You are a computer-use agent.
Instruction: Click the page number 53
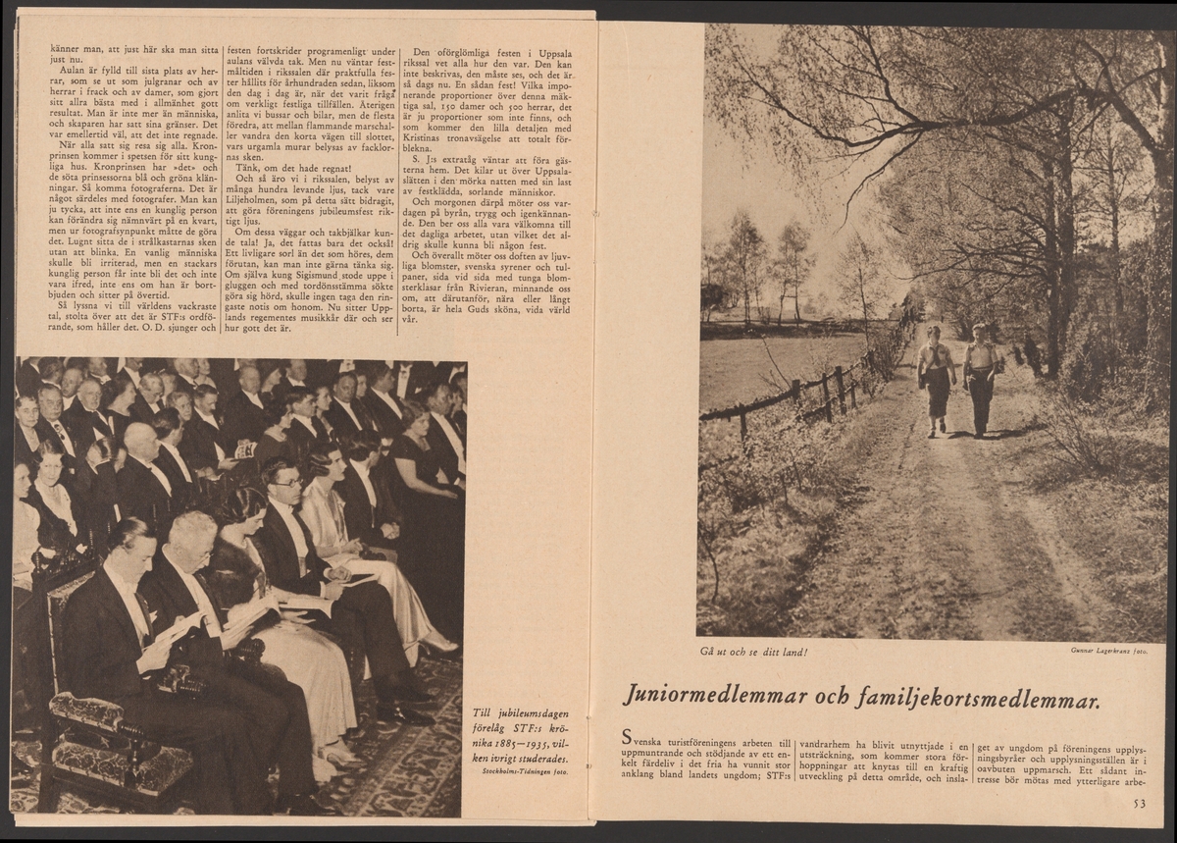tap(1139, 804)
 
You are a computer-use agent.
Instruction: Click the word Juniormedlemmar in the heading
tap(712, 699)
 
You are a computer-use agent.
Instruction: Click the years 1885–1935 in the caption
tap(519, 744)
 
